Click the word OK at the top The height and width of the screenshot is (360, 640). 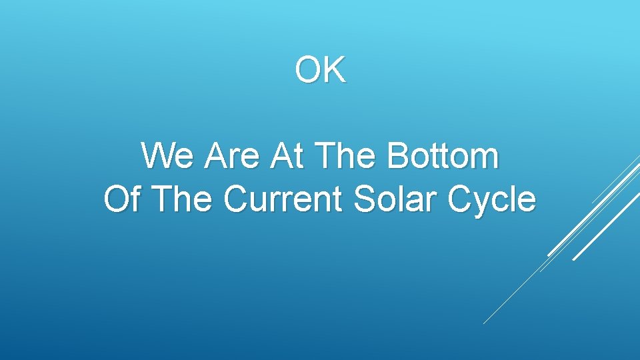pos(321,70)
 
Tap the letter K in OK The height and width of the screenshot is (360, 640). pos(334,70)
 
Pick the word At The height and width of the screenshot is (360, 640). pos(287,157)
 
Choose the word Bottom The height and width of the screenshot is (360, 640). pos(443,157)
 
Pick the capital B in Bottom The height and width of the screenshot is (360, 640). pos(399,157)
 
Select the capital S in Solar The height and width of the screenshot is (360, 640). pos(364,199)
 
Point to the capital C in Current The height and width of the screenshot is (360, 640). pos(235,199)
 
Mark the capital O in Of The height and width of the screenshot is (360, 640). pos(116,199)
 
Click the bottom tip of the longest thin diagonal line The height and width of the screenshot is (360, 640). pos(484,323)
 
